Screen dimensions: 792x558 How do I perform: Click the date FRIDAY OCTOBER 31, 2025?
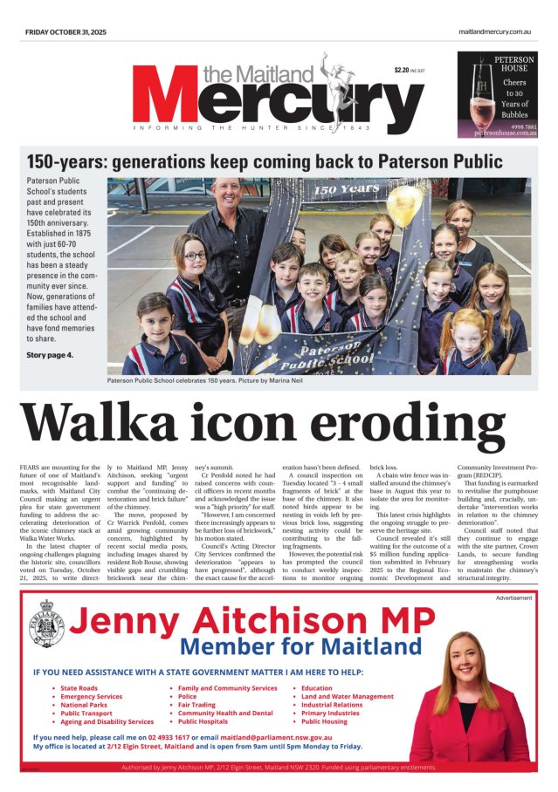click(x=67, y=32)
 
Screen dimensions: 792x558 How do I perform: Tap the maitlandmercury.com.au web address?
click(x=495, y=32)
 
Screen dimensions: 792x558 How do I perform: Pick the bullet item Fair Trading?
click(x=196, y=705)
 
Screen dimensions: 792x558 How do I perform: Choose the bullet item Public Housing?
click(x=324, y=721)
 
